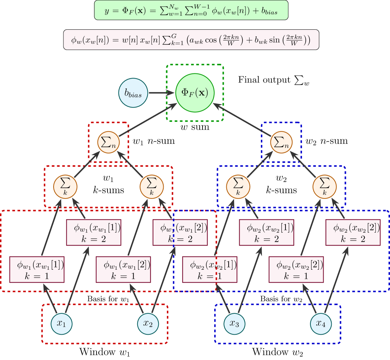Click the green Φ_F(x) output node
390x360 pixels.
tap(195, 93)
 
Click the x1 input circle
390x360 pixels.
tap(61, 324)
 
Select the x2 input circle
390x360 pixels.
tap(148, 324)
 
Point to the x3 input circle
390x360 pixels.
tap(234, 324)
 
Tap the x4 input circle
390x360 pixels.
tap(321, 324)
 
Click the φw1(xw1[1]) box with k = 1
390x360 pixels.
tap(37, 269)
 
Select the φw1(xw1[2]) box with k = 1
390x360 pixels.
tap(123, 269)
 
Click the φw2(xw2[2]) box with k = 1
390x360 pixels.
tap(296, 269)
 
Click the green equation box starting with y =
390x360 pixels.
tap(191, 10)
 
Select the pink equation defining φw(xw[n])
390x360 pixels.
tap(191, 39)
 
